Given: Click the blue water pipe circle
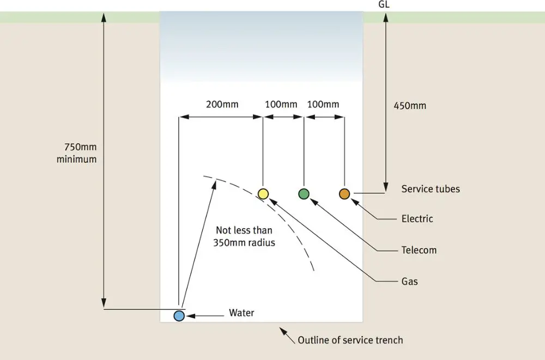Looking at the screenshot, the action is [179, 316].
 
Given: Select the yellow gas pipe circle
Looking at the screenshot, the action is [263, 194].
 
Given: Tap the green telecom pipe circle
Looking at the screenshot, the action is [304, 194].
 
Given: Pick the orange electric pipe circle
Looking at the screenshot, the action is [344, 194].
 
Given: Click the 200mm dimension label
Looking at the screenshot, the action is [222, 104].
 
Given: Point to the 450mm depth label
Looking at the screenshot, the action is [410, 106].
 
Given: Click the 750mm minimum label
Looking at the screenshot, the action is [77, 153].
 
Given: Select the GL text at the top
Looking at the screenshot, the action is [384, 4].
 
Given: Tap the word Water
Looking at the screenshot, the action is [241, 313].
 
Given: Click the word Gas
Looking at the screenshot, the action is [409, 281].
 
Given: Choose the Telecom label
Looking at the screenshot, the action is [419, 250].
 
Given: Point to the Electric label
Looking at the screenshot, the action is [417, 218].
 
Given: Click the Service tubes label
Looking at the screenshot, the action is [431, 188].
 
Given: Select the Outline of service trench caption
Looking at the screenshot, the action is [350, 340].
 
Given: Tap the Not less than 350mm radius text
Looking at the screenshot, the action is [244, 236].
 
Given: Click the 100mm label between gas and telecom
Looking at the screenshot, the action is [281, 104].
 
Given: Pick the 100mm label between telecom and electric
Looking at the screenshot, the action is [323, 104].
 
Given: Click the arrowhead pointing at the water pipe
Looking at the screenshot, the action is [190, 316].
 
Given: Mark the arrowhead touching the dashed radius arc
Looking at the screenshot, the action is [214, 185].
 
